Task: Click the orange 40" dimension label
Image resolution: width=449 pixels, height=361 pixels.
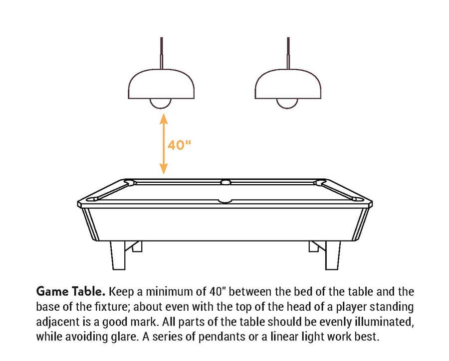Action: (x=179, y=145)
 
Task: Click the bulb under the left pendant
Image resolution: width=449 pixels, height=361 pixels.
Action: (x=161, y=103)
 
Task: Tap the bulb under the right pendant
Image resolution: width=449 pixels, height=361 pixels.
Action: (x=287, y=103)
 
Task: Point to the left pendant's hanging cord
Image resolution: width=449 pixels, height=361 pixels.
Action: (x=161, y=53)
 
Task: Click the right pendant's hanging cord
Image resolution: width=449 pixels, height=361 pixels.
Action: (x=287, y=53)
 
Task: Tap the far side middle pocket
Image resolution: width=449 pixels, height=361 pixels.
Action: (x=225, y=182)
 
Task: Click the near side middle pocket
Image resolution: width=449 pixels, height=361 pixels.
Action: (x=225, y=201)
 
